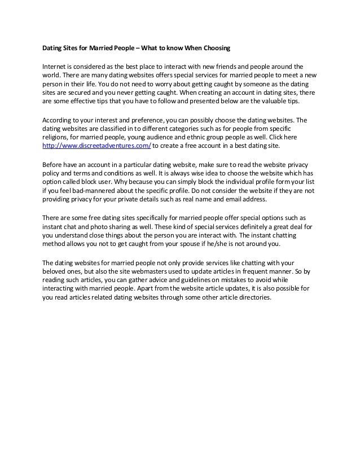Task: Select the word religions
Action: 58,138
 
